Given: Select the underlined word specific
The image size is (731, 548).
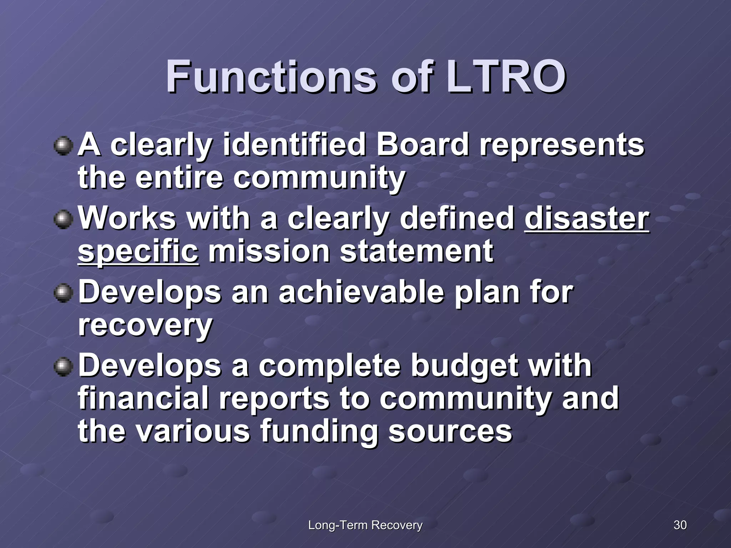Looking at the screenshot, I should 138,251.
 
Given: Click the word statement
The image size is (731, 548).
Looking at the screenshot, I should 417,251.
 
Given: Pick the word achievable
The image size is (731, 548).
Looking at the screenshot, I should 361,293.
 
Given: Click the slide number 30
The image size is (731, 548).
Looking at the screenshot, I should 680,525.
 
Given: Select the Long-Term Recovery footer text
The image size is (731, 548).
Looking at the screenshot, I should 365,525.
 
